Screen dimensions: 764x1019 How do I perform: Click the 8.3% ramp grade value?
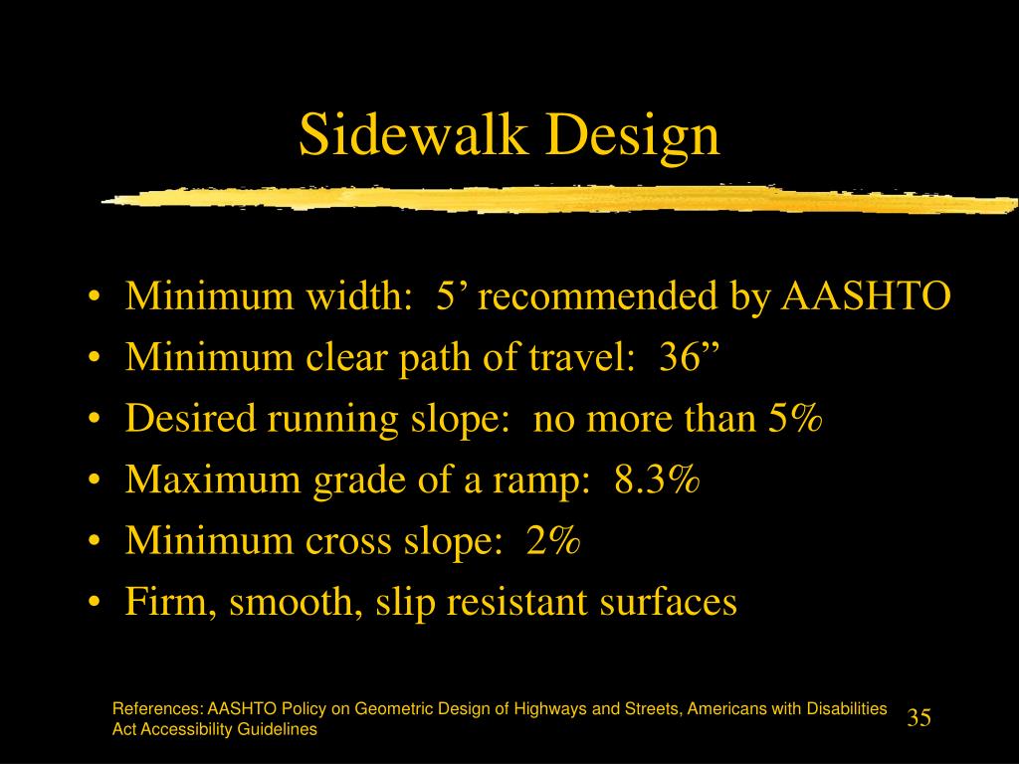coord(658,481)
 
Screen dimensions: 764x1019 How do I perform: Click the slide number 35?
coord(918,718)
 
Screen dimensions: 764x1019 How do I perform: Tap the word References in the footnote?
coord(157,709)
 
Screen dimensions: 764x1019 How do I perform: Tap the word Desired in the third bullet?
coord(188,420)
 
